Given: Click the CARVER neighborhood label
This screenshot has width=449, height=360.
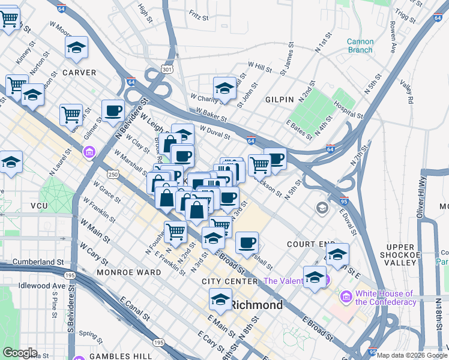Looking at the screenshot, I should pyautogui.click(x=79, y=73).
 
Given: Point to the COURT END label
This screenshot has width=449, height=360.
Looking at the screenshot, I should pyautogui.click(x=310, y=245).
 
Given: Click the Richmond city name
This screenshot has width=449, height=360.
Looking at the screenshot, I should pyautogui.click(x=257, y=305).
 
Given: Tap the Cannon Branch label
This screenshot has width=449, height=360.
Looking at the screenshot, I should pyautogui.click(x=360, y=46).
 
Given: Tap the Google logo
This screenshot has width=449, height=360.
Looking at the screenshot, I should pyautogui.click(x=20, y=353).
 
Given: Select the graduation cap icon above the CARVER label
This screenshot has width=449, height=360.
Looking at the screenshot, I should pyautogui.click(x=76, y=47).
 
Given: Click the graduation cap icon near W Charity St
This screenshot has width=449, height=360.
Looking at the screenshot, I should pyautogui.click(x=224, y=87).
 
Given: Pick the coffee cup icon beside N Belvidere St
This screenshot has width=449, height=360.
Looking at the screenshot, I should pyautogui.click(x=112, y=110).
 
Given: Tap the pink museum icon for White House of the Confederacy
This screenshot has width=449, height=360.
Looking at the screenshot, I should pyautogui.click(x=346, y=297).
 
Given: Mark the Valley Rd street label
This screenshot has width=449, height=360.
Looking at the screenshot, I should pyautogui.click(x=408, y=92).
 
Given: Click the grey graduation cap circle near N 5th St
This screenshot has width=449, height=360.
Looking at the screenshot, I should pyautogui.click(x=322, y=208).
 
